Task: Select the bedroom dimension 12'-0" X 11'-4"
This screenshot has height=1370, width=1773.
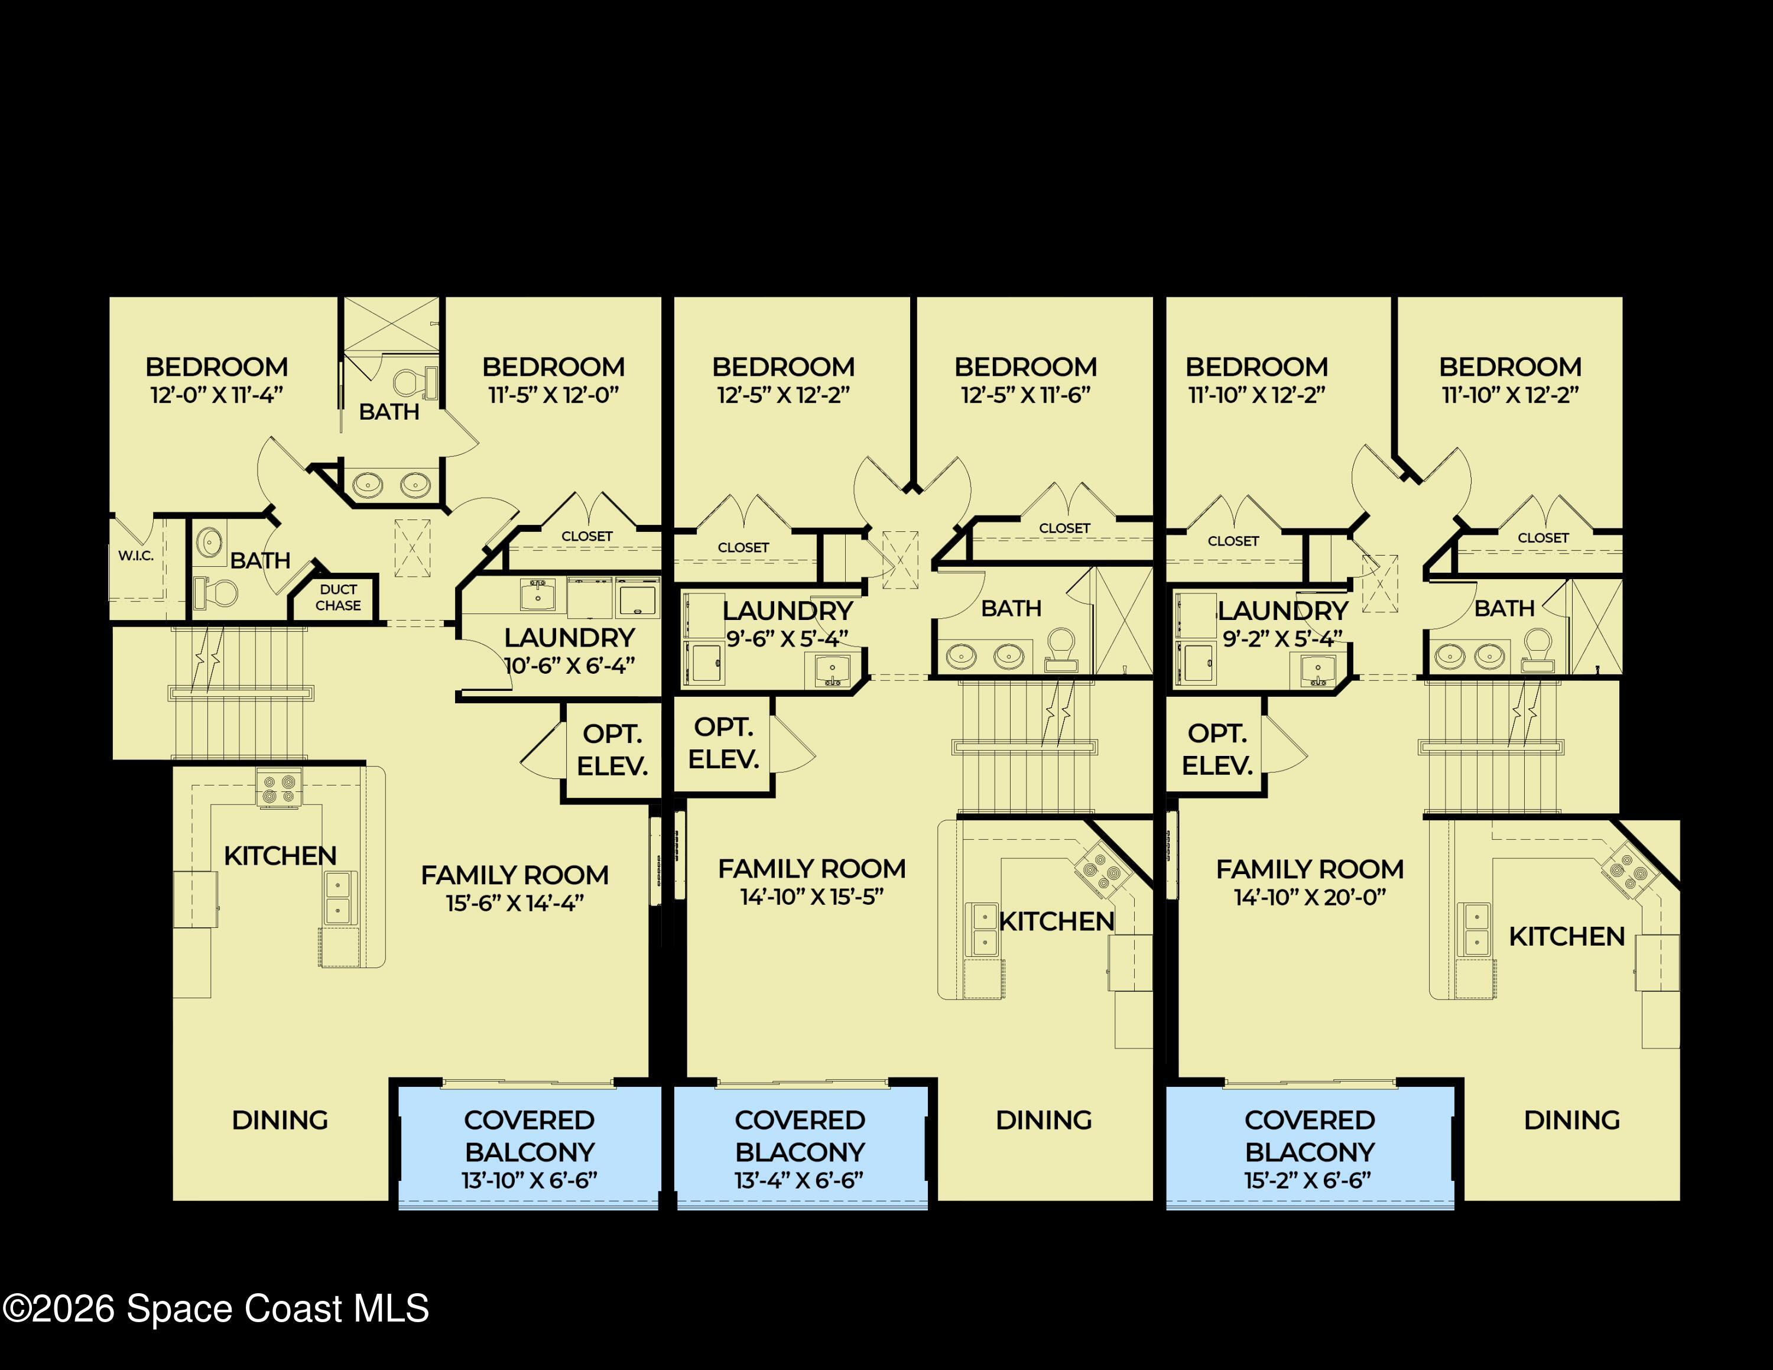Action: pos(217,395)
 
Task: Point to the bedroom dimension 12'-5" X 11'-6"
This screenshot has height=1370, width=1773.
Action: pos(1025,395)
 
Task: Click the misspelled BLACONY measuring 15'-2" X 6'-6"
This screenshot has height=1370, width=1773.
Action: pos(1310,1152)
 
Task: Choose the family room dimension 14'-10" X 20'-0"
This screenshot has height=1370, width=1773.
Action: pos(1310,897)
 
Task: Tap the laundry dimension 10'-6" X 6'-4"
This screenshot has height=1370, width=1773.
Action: pos(570,665)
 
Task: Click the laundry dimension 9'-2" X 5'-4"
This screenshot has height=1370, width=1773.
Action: pos(1282,639)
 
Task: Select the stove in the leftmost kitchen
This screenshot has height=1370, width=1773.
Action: pos(278,788)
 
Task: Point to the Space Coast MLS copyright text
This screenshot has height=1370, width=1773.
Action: pos(216,1309)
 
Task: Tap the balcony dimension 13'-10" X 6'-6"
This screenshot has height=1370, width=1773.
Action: pos(530,1180)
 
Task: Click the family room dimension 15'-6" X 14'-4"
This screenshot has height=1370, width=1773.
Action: pos(515,902)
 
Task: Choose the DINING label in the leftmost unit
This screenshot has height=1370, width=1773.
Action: pos(280,1120)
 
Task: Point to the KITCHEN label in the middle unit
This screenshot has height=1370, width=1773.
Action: pos(1056,921)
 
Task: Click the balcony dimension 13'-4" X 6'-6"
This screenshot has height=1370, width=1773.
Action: pos(799,1180)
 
